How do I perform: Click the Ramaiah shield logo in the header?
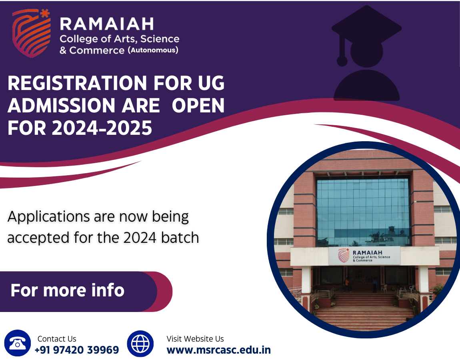(31, 33)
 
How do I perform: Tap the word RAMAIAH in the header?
(107, 24)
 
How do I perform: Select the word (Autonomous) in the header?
(153, 50)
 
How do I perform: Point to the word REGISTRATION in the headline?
(77, 83)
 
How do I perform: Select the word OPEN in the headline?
(198, 105)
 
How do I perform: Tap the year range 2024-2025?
(102, 128)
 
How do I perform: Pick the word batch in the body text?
(180, 238)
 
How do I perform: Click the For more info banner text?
(68, 290)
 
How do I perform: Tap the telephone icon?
(18, 343)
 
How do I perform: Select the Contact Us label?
(57, 339)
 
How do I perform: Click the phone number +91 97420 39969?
(77, 350)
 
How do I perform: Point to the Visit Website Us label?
(195, 339)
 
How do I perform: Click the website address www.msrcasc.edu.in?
(218, 350)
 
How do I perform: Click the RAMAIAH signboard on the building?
(364, 256)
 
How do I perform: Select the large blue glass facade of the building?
(363, 212)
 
